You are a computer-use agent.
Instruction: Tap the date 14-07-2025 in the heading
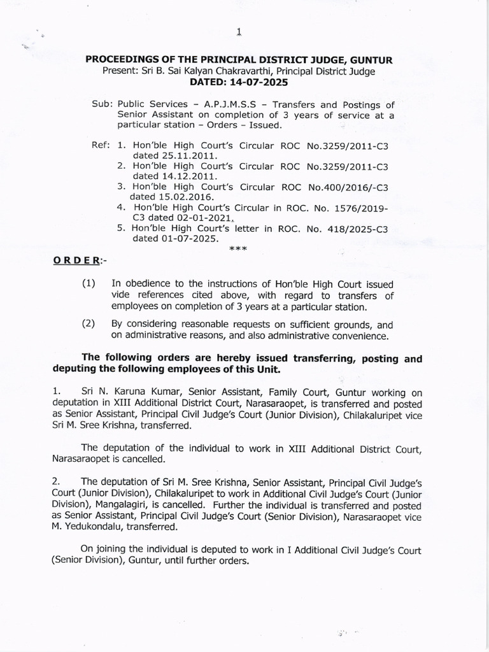pyautogui.click(x=259, y=82)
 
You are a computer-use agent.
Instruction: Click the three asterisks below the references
pyautogui.click(x=237, y=249)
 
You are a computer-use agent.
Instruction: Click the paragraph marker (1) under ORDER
pyautogui.click(x=90, y=283)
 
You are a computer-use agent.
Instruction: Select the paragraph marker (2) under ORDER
pyautogui.click(x=90, y=323)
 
